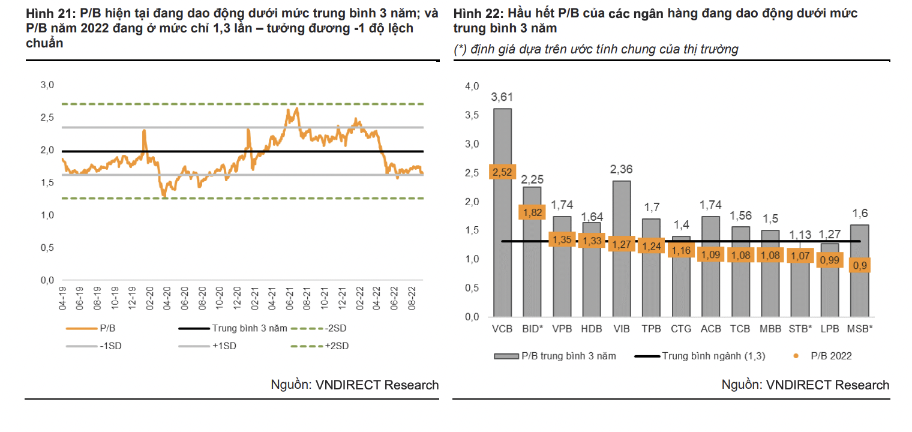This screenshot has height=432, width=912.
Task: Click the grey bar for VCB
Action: click(502, 240)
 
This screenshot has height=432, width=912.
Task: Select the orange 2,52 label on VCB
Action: click(502, 173)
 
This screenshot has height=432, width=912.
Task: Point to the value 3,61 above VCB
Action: click(502, 97)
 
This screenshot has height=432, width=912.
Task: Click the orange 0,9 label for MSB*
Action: click(860, 265)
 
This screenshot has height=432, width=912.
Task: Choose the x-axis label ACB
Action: click(711, 329)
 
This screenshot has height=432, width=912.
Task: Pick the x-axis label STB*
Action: click(800, 329)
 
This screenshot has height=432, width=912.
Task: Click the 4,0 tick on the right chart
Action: click(472, 87)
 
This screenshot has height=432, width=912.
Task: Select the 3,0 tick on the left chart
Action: click(47, 85)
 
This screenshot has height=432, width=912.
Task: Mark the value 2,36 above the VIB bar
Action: click(621, 170)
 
